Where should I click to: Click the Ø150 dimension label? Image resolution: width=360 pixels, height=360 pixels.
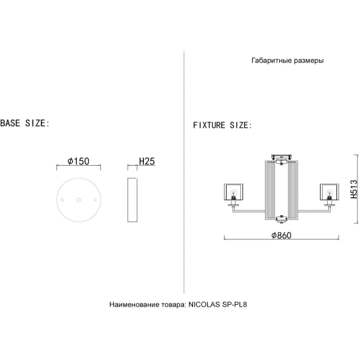(78, 161)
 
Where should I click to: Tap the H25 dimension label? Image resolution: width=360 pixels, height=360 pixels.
(147, 161)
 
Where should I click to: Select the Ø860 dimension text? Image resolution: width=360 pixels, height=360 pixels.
(281, 235)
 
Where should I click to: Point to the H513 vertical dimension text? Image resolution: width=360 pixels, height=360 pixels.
(354, 189)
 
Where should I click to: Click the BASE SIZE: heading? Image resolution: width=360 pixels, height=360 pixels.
(25, 124)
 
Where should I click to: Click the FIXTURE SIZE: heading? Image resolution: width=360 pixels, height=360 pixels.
(222, 125)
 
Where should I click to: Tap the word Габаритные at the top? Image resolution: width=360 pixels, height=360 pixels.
(269, 60)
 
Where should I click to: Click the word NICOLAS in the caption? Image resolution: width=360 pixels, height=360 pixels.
(204, 304)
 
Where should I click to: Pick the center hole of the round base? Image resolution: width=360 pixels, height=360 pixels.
(79, 200)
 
